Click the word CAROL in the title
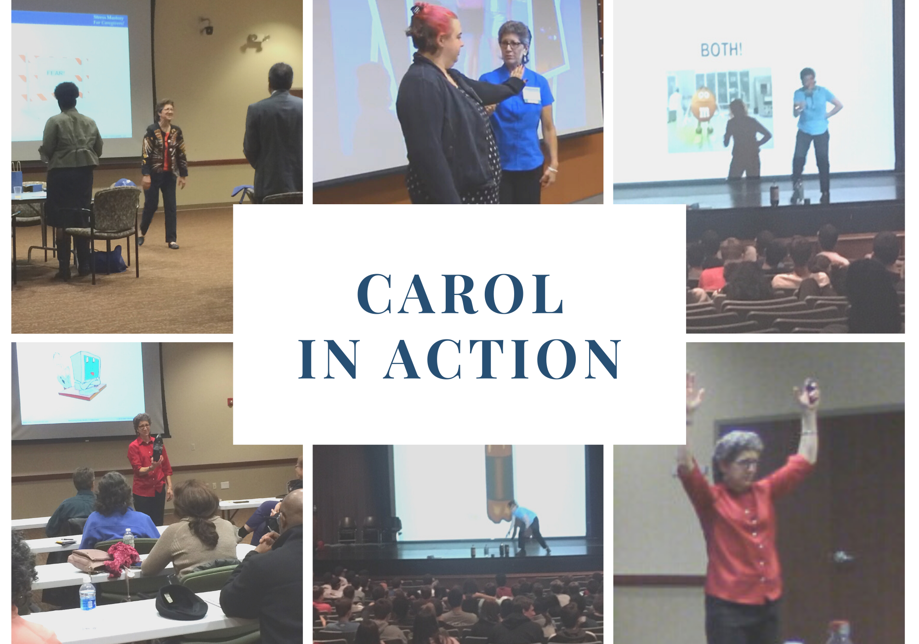pos(460,294)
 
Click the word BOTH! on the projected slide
pos(721,50)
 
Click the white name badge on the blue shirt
pos(531,94)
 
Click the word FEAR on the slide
pos(56,73)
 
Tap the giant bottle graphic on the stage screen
pos(498,483)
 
